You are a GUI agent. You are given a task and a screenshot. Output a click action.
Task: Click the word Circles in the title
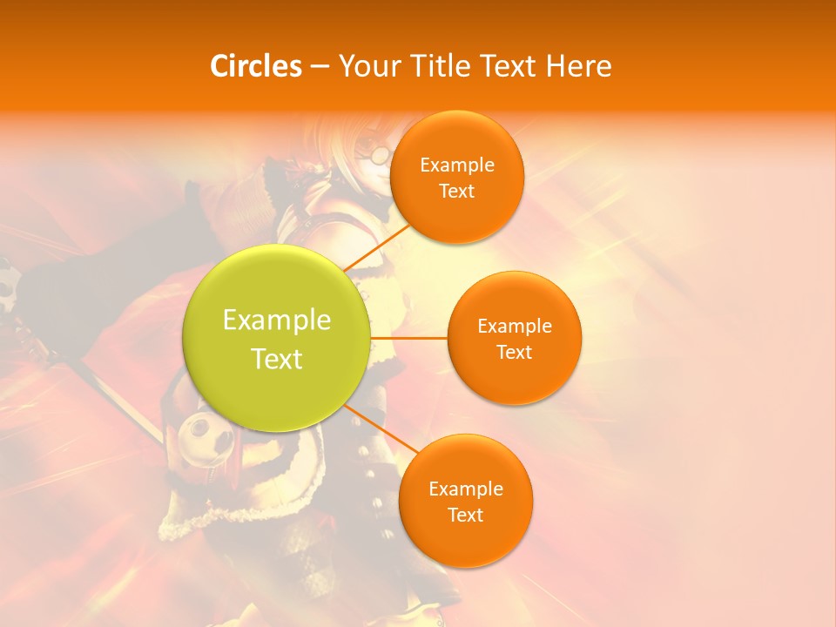[x=255, y=66]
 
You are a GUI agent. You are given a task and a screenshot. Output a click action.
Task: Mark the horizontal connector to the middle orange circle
[x=408, y=337]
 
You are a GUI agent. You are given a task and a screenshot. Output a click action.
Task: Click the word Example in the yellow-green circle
[x=277, y=320]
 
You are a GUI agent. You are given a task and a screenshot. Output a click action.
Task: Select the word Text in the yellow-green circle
[x=277, y=359]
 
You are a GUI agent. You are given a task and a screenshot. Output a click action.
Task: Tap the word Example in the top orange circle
[x=457, y=165]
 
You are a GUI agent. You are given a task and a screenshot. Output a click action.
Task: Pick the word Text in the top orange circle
[x=457, y=191]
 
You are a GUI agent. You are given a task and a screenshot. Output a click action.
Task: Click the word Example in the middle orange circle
[x=515, y=326]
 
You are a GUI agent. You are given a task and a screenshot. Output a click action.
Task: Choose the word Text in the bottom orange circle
[x=466, y=515]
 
